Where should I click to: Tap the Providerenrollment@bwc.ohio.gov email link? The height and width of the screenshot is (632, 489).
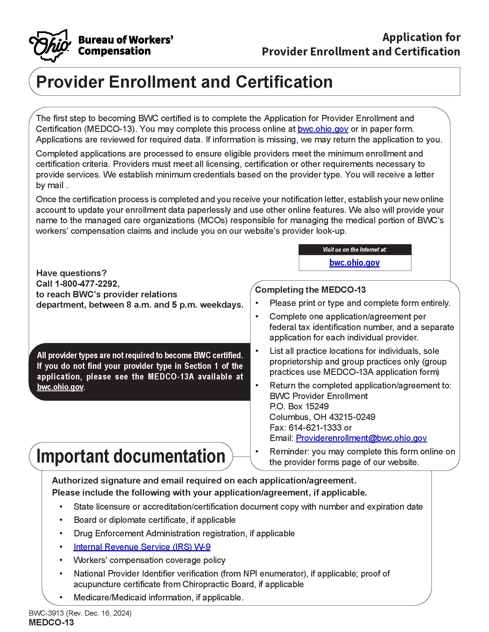[361, 438]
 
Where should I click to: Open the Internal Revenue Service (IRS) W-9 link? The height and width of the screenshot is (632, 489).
[142, 547]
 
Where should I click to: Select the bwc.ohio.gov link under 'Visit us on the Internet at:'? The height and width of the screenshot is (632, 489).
[354, 263]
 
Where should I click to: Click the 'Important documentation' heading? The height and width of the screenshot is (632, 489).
[131, 456]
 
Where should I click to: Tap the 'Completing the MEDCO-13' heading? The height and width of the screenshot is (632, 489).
[310, 290]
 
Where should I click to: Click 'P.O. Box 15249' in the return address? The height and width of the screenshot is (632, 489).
[299, 406]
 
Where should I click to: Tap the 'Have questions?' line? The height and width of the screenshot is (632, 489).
[71, 273]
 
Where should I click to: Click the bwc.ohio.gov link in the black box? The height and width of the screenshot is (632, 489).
[60, 387]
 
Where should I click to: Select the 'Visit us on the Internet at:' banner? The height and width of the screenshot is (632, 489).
[355, 249]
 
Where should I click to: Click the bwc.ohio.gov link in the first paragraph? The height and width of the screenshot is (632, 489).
[323, 129]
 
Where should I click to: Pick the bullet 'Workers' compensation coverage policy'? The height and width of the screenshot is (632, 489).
[149, 560]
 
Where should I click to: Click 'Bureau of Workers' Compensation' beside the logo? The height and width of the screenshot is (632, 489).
[125, 45]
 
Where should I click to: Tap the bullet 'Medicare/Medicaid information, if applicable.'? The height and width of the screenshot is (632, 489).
[158, 597]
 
